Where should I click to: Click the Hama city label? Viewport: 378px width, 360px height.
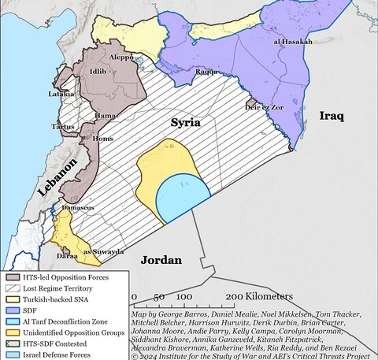[x=106, y=115]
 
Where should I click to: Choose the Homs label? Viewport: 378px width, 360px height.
[x=103, y=139]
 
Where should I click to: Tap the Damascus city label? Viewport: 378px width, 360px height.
[x=79, y=207]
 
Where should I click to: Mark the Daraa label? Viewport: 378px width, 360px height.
[x=67, y=256]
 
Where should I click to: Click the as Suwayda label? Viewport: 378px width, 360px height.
[x=104, y=251]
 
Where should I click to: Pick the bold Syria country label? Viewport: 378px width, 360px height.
[x=186, y=123]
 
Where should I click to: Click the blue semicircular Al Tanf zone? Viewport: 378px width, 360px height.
[x=183, y=199]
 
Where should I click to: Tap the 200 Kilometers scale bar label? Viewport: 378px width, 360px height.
[x=259, y=296]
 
